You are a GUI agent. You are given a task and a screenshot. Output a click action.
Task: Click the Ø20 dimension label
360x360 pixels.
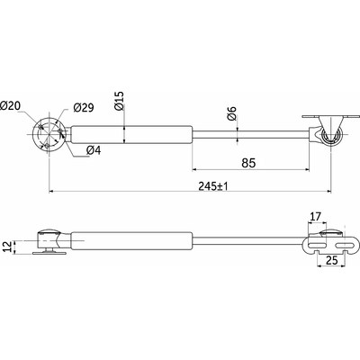12,105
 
